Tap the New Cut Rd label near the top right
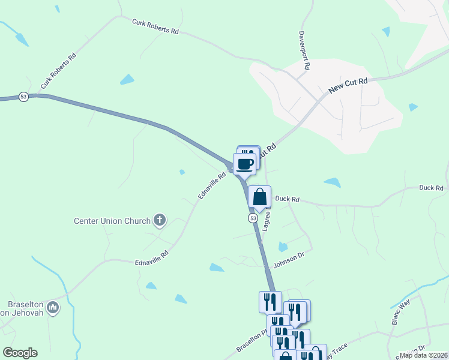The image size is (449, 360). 348,86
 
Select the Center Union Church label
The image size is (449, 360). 112,221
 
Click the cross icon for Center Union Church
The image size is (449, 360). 160,220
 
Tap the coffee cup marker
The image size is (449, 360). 245,164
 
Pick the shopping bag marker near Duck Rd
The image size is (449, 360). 259,197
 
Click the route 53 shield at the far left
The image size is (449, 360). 23,97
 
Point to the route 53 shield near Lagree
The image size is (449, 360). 253,218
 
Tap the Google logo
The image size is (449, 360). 20,353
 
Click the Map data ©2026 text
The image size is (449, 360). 423,355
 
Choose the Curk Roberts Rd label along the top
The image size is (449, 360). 155,27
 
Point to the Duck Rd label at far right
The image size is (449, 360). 431,188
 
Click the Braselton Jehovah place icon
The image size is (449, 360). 53,307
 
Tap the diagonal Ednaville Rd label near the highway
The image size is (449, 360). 212,187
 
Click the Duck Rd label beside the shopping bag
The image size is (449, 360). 287,199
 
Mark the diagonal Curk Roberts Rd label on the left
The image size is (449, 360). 58,73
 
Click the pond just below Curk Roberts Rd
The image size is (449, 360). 127,79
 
